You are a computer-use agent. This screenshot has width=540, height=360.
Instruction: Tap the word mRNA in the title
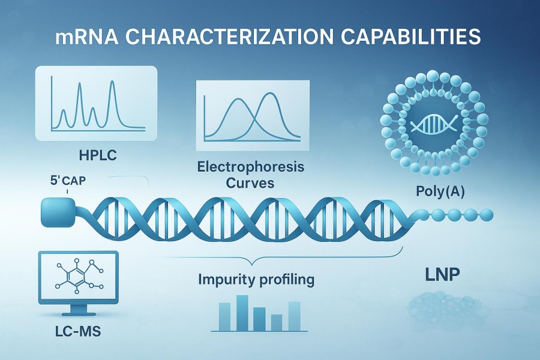86,37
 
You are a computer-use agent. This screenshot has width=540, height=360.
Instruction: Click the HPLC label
98,155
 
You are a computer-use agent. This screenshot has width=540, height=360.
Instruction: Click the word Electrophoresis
251,167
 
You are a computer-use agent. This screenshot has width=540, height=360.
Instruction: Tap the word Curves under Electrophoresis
250,182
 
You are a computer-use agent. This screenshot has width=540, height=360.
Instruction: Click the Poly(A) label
440,191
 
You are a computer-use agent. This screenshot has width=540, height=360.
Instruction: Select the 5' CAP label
68,180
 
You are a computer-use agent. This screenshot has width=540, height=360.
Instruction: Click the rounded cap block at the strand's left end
58,212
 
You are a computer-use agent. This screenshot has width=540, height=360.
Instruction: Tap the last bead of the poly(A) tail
486,215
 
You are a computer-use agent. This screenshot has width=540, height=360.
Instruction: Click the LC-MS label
78,331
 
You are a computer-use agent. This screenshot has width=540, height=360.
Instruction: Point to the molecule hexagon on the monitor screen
75,276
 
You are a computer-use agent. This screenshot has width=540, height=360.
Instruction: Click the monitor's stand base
79,314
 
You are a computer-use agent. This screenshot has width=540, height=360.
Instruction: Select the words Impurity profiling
256,280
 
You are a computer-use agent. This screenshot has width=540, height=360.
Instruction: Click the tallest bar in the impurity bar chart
242,313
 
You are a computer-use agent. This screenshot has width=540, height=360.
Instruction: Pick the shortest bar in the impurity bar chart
277,322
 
